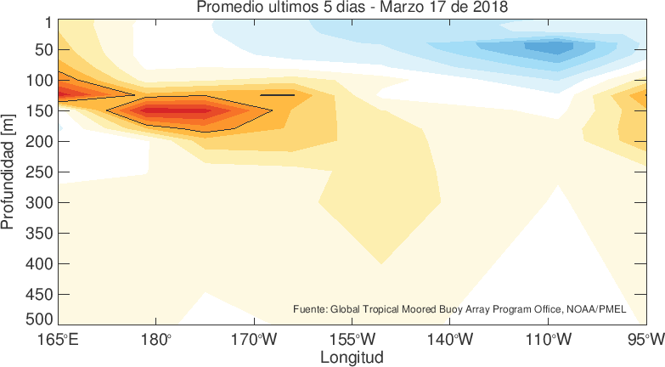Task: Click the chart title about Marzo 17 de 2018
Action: point(353,8)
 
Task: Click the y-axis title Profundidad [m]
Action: point(9,174)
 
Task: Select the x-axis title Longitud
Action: point(352,357)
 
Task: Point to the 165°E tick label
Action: point(59,341)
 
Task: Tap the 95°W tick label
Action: point(647,341)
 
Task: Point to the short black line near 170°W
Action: point(277,95)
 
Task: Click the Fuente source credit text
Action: point(459,309)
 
